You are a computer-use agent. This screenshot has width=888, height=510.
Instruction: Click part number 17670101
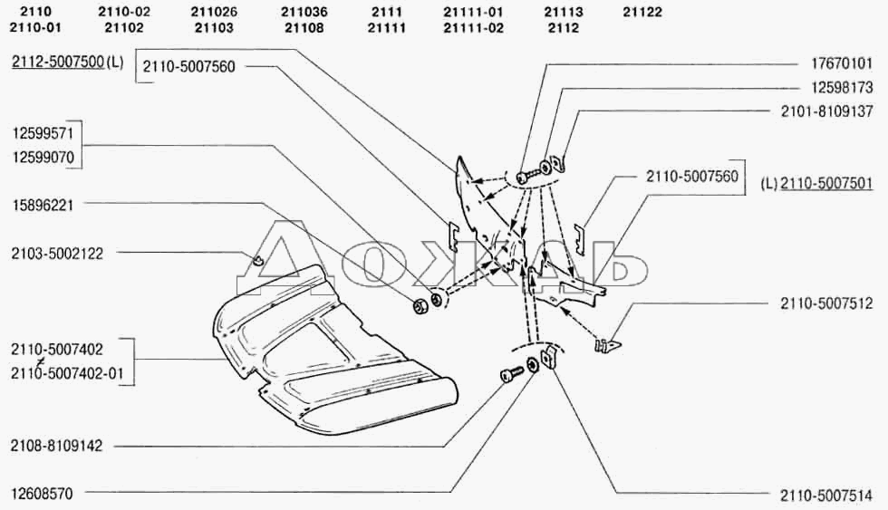pyautogui.click(x=842, y=63)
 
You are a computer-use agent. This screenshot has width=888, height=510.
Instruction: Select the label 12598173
pyautogui.click(x=842, y=87)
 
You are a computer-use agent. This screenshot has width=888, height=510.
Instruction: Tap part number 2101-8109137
pyautogui.click(x=826, y=111)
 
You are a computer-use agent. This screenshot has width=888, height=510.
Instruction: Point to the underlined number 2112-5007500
pyautogui.click(x=58, y=62)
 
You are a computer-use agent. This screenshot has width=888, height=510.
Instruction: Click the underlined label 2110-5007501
pyautogui.click(x=826, y=183)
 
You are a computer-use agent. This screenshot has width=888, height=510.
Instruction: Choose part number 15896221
pyautogui.click(x=43, y=205)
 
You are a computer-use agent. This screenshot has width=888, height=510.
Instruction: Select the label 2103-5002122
pyautogui.click(x=57, y=254)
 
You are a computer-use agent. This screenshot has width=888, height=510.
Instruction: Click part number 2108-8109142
pyautogui.click(x=56, y=446)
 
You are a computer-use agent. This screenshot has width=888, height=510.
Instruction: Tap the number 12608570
pyautogui.click(x=43, y=494)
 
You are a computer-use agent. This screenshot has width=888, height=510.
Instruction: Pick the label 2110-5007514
pyautogui.click(x=826, y=496)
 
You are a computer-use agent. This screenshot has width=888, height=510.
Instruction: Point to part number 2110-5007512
pyautogui.click(x=826, y=304)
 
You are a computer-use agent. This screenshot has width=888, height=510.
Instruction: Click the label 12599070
pyautogui.click(x=43, y=158)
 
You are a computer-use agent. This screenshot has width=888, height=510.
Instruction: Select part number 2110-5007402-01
pyautogui.click(x=67, y=373)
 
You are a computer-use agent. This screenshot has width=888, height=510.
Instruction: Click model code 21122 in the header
pyautogui.click(x=642, y=12)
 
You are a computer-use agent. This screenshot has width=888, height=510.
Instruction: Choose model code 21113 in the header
pyautogui.click(x=564, y=12)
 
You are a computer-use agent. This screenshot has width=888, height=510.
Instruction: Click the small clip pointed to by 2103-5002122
pyautogui.click(x=257, y=260)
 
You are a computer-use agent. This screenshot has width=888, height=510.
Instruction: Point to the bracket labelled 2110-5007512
pyautogui.click(x=607, y=343)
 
